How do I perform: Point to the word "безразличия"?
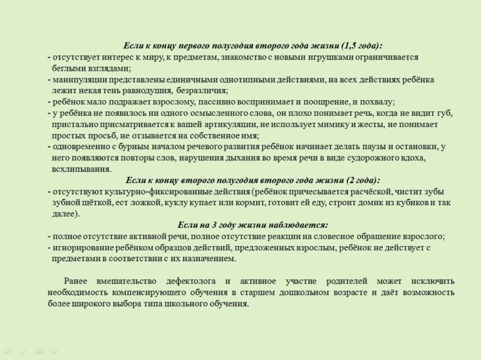tap(195, 91)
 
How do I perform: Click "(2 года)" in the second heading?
tap(359, 180)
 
